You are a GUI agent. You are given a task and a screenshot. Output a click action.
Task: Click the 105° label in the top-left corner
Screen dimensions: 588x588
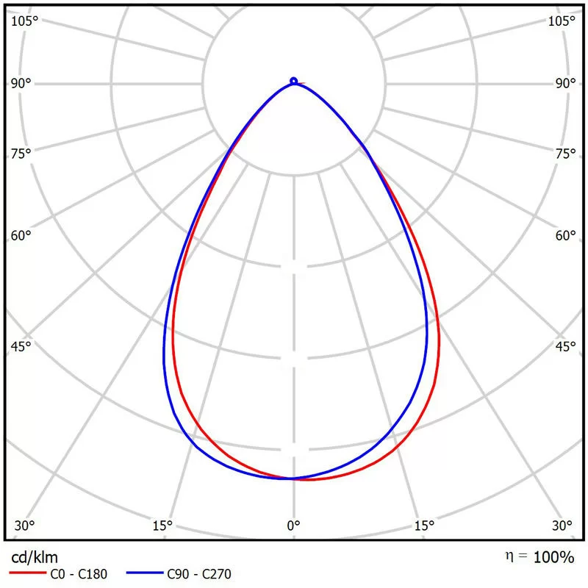[24, 20]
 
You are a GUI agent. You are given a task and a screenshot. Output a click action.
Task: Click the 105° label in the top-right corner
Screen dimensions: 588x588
[562, 20]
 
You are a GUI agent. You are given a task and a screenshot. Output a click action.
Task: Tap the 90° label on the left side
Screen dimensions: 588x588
[21, 83]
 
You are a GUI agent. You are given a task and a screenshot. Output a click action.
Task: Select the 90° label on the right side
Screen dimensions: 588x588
[565, 83]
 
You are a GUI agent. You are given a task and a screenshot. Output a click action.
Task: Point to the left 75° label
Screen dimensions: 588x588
[21, 154]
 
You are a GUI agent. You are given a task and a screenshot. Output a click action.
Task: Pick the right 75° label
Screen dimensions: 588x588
[565, 154]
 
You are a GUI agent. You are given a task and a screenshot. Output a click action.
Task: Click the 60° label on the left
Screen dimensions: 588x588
[21, 236]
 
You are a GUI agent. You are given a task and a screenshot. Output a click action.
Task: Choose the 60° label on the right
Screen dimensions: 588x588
[565, 236]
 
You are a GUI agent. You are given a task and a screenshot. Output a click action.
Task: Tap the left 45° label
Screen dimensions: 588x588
[21, 347]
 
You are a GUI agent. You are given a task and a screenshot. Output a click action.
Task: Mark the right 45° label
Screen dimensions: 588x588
[565, 347]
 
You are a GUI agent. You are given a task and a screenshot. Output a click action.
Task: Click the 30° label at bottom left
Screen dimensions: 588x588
[24, 526]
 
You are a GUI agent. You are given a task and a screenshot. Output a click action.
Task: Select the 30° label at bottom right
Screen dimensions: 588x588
[562, 526]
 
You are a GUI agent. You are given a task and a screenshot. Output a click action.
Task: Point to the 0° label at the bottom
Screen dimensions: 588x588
[293, 526]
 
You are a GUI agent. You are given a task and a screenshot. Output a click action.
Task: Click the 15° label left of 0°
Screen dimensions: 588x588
[162, 526]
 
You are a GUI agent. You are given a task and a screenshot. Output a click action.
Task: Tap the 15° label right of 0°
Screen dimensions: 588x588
[425, 526]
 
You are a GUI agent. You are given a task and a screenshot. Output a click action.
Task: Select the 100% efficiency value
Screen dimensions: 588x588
[554, 557]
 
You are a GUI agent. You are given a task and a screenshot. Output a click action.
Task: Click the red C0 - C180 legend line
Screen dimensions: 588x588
[25, 574]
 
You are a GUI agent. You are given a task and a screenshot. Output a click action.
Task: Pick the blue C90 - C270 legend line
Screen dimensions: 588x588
[142, 574]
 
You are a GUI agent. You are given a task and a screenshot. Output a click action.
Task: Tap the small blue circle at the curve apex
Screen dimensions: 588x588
[293, 80]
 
